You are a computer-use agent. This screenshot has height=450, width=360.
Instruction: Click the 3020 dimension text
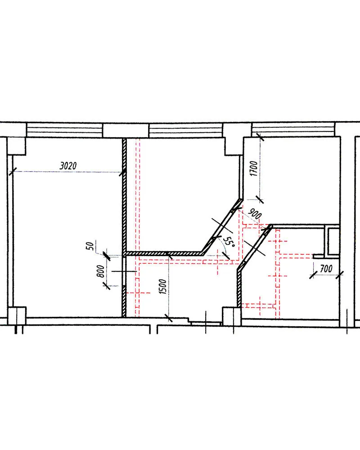[x=68, y=166]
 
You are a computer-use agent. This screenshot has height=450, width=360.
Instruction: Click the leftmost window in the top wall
[x=65, y=130]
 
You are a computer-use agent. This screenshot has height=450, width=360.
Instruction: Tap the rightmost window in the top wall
[x=293, y=130]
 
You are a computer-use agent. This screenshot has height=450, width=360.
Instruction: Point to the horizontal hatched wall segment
[x=164, y=254]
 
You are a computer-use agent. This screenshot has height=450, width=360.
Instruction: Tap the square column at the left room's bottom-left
[x=17, y=315]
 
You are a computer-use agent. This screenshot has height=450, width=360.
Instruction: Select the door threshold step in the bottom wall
[x=205, y=322]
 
